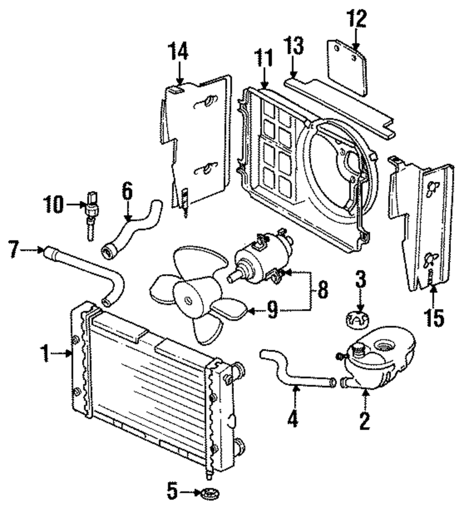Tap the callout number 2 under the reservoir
click(364, 420)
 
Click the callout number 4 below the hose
click(292, 420)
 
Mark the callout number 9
click(273, 311)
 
